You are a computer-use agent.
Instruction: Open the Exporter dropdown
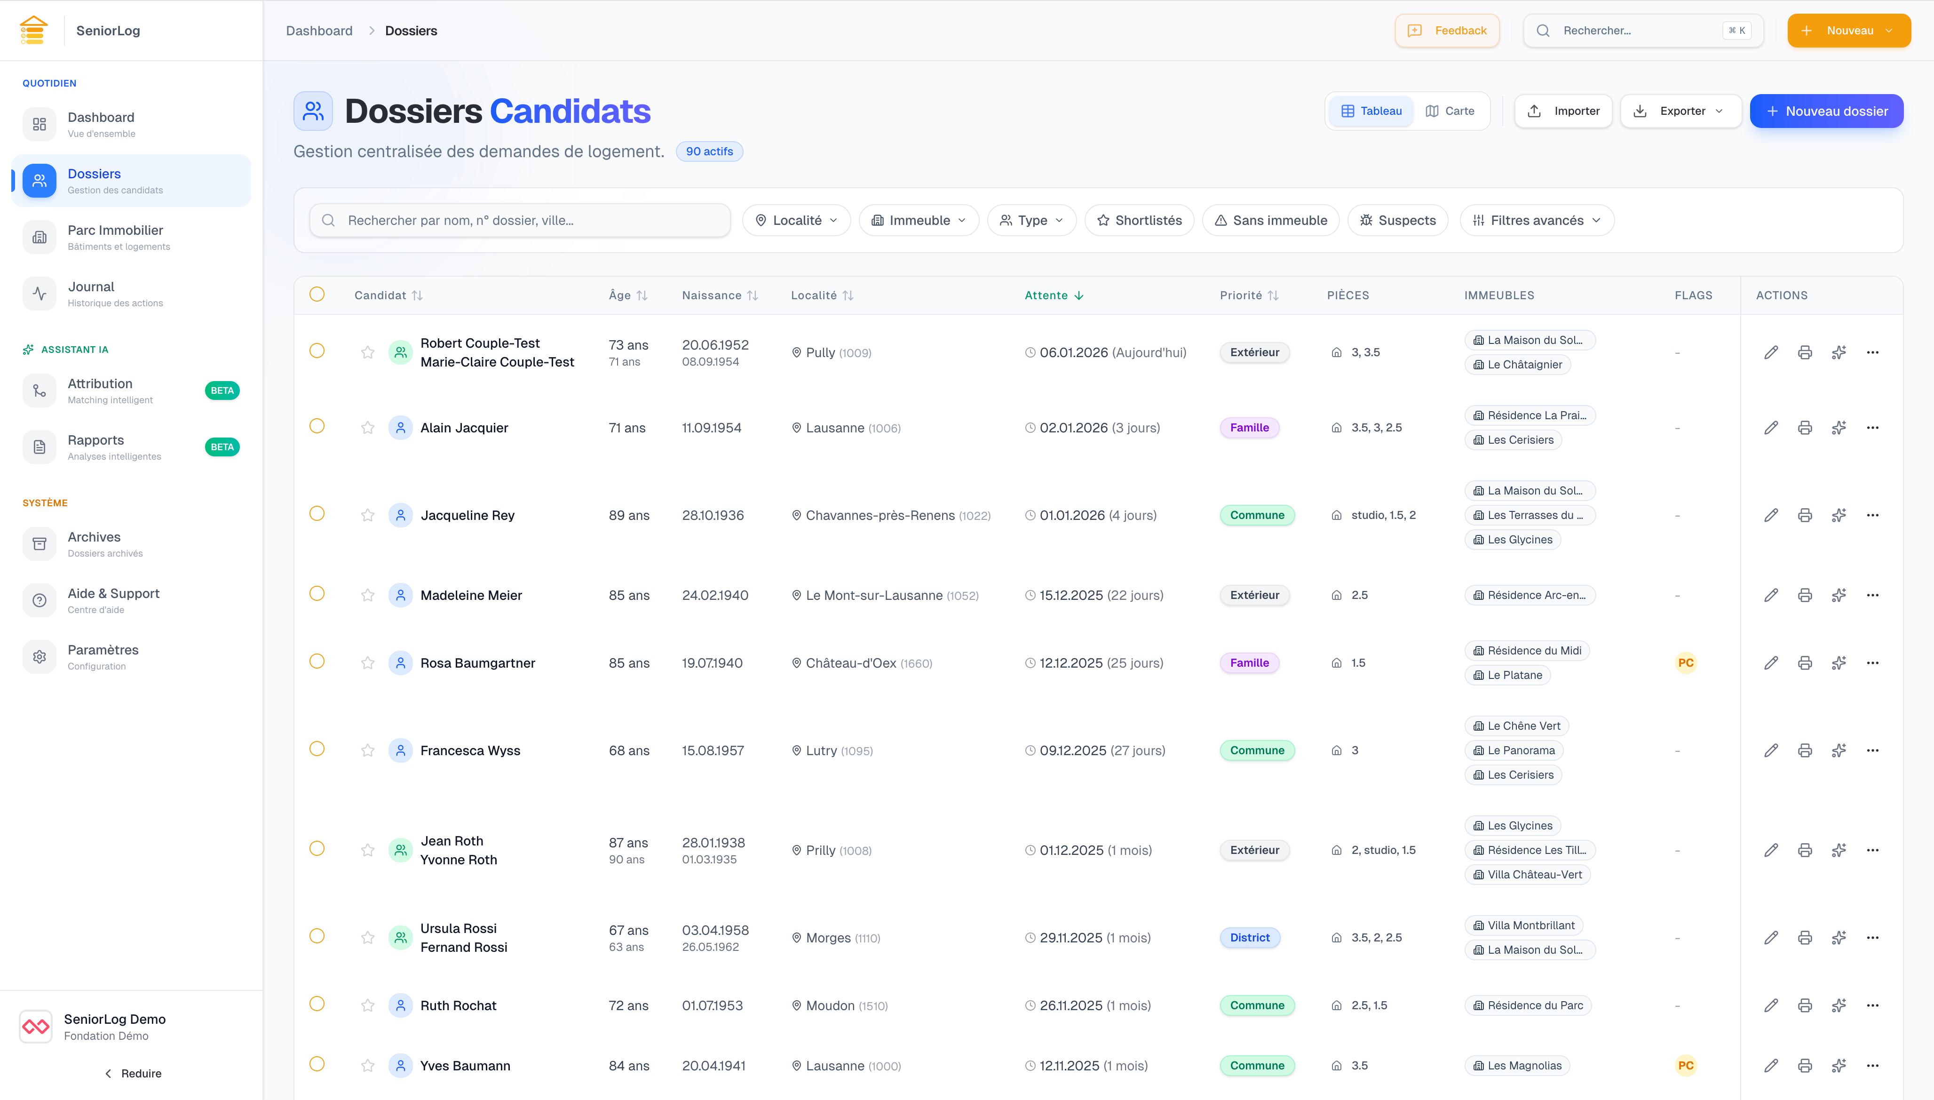(1681, 111)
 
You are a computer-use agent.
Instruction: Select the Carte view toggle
(1450, 111)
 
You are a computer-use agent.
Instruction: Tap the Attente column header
(1054, 295)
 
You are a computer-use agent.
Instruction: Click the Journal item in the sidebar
(91, 293)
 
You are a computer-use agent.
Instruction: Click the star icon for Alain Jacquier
(368, 428)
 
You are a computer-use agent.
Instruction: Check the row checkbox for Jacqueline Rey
(317, 514)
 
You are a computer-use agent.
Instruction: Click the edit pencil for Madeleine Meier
(1771, 595)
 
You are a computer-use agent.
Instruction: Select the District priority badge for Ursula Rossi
(1250, 938)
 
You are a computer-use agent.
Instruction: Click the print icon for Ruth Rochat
(1805, 1005)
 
